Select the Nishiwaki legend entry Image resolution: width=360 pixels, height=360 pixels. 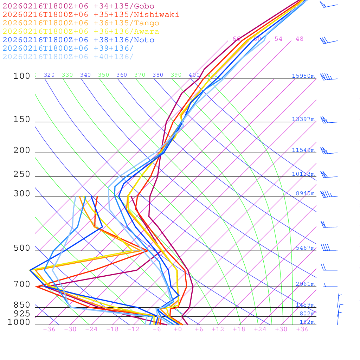click(91, 14)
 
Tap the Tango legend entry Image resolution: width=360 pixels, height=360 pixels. click(81, 23)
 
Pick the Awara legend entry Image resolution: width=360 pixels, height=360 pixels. click(81, 32)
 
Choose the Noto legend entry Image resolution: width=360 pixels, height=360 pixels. click(78, 40)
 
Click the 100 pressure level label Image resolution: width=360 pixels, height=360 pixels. click(22, 76)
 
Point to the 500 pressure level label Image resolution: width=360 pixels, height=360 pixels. click(22, 248)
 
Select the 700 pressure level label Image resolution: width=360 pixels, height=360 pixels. click(22, 284)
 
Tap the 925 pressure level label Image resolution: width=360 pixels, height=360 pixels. click(22, 314)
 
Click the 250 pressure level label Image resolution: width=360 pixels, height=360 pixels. click(22, 174)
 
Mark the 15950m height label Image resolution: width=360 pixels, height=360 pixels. click(303, 76)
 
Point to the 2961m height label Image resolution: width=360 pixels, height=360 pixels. click(305, 284)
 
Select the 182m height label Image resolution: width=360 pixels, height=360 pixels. click(307, 322)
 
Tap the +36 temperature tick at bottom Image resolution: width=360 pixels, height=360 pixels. click(302, 329)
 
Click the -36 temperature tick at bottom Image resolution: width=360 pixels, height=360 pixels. click(49, 329)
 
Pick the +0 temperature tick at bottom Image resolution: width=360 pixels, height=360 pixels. click(178, 329)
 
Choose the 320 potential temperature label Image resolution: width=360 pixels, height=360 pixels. click(49, 75)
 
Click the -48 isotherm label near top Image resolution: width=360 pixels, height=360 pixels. click(297, 39)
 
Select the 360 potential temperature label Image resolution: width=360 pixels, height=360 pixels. click(122, 75)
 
